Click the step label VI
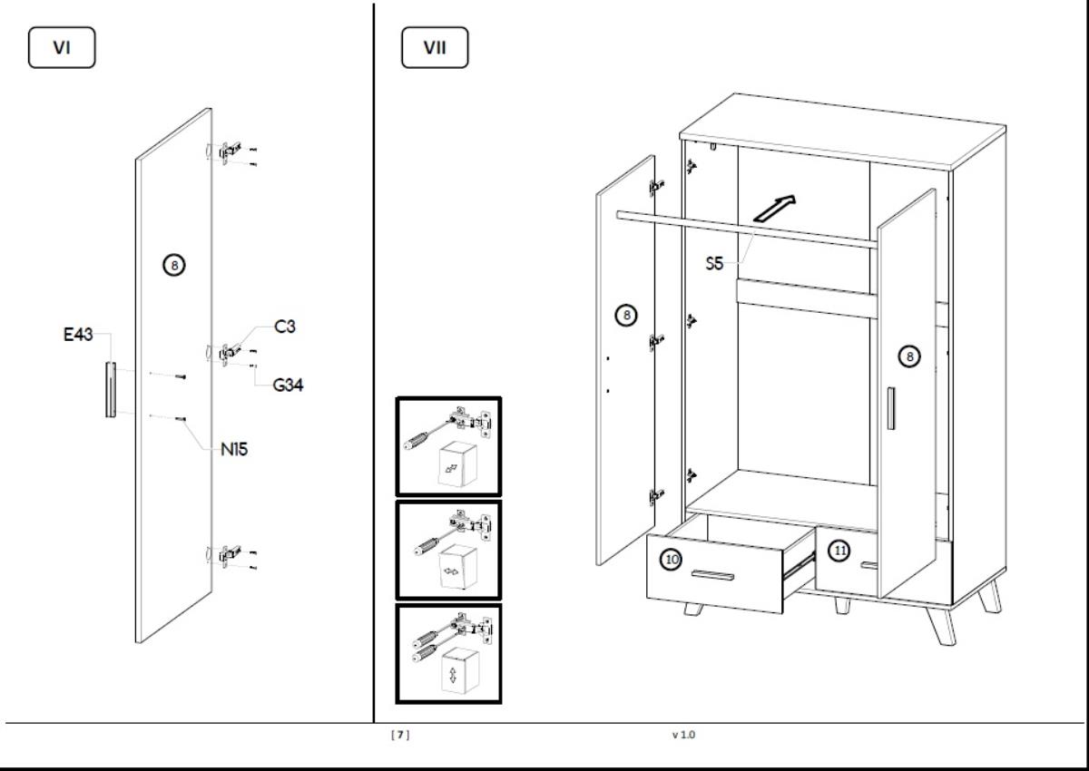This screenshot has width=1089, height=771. [62, 49]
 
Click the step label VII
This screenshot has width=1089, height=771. [435, 49]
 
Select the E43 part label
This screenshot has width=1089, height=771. [78, 335]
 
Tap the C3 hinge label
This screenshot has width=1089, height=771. [285, 327]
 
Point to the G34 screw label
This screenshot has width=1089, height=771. [288, 385]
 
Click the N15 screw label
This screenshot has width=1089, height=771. [235, 448]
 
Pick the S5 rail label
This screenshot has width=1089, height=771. [716, 264]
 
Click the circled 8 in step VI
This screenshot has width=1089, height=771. [173, 265]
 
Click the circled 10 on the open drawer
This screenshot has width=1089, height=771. [671, 560]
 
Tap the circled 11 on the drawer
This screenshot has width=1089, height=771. [840, 551]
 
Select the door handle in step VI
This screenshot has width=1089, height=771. [110, 389]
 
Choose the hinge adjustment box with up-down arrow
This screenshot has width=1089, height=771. [448, 654]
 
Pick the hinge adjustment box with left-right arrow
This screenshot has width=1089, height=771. [448, 551]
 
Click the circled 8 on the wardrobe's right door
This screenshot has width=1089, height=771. [908, 356]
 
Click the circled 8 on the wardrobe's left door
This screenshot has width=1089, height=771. [625, 316]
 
